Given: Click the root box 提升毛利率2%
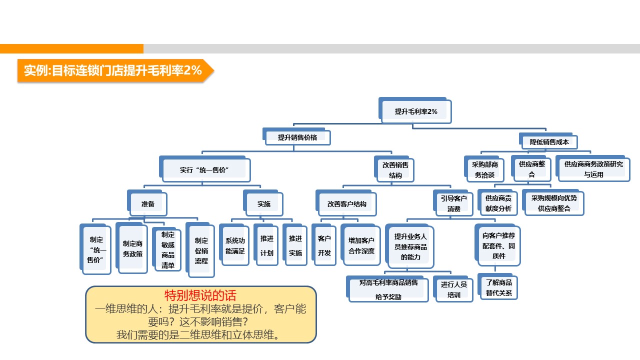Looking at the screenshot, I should click(x=416, y=111).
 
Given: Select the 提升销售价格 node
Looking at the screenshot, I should click(x=297, y=137).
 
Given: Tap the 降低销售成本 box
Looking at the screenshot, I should click(x=549, y=142).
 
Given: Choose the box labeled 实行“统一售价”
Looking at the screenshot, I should click(x=205, y=170).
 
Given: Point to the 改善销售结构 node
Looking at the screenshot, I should click(x=395, y=170).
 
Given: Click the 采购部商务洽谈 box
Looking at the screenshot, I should click(x=484, y=169).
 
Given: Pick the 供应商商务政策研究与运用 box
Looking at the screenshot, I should click(x=593, y=169).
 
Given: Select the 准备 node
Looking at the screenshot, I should click(x=148, y=204).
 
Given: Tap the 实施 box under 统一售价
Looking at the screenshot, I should click(x=264, y=204).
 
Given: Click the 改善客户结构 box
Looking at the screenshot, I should click(x=346, y=204).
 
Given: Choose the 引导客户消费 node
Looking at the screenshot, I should click(x=453, y=203).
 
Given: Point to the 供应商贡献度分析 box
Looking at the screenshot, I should click(x=498, y=202).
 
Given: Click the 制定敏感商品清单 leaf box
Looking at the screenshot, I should click(x=168, y=250).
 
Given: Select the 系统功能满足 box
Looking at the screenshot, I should click(x=235, y=246).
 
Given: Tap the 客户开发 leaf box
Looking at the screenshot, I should click(x=324, y=245).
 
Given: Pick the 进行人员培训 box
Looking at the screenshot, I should click(x=453, y=289).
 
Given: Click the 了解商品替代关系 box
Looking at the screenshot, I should click(x=498, y=287).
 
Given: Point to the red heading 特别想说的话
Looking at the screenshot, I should click(x=201, y=295).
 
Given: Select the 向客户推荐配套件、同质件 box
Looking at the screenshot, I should click(x=498, y=245).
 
